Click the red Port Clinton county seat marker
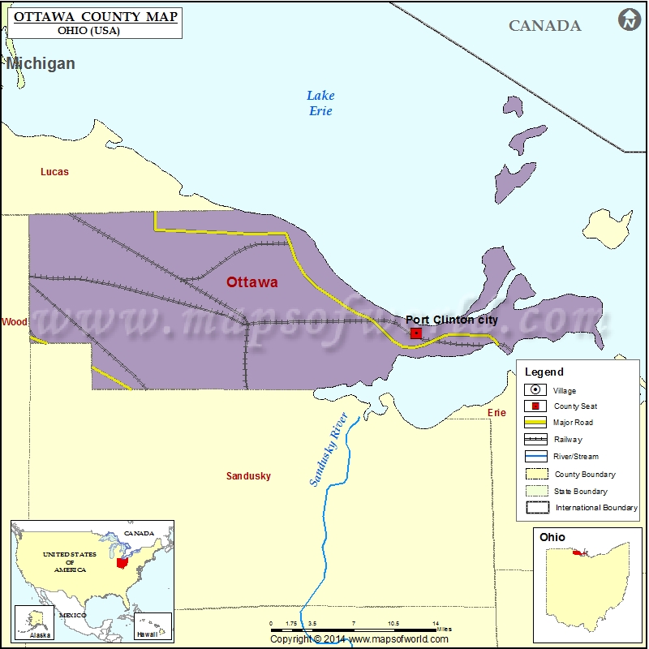pos(416,333)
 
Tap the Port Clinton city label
pos(452,320)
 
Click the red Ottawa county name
pos(251,282)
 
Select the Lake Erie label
pos(320,104)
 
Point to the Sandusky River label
pos(329,449)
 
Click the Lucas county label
pos(54,172)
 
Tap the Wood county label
pos(15,322)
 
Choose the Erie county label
pos(496,413)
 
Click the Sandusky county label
pos(248,476)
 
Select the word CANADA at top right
pos(544,26)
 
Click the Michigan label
pos(41,63)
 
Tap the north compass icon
pos(629,20)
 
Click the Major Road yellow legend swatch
pos(536,423)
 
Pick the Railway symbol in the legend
pos(536,440)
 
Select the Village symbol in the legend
pos(536,390)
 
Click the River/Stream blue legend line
pos(536,456)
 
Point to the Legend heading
pos(544,372)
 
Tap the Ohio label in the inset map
pos(552,537)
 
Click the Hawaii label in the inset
pos(147,634)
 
